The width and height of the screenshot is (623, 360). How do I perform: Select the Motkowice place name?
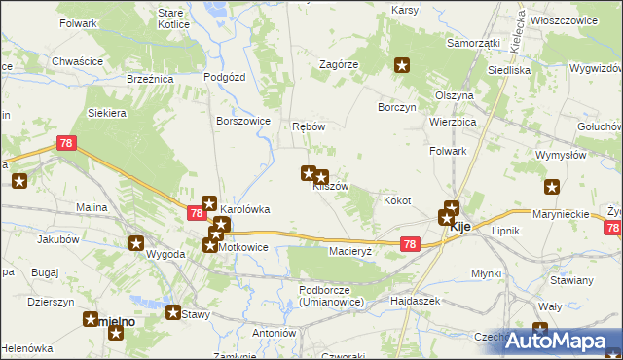[x=242, y=247]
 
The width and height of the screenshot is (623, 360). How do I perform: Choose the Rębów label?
[x=308, y=126]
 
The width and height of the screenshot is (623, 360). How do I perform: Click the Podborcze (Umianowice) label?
[x=332, y=296]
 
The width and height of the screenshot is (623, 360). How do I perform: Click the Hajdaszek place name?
[x=416, y=301]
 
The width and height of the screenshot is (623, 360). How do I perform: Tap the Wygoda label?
[x=165, y=254]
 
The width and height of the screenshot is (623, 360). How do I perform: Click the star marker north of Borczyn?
[x=403, y=66]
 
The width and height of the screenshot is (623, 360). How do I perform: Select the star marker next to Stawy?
[x=173, y=313]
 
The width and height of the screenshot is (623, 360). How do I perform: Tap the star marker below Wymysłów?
[x=553, y=188]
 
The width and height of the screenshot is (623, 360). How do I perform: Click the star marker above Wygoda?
[x=136, y=243]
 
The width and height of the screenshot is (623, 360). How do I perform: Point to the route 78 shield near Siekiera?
[x=66, y=144]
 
